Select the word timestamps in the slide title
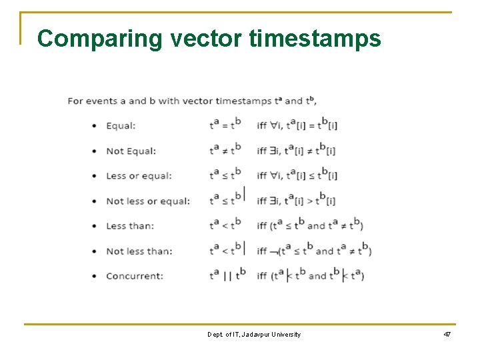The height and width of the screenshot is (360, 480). tap(315, 39)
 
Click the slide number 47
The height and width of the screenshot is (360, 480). tap(447, 334)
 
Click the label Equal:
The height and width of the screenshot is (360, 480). tap(121, 125)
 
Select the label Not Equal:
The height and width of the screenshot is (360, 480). tap(131, 151)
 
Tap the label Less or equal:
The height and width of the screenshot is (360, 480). tap(139, 176)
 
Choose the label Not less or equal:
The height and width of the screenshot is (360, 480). tap(148, 201)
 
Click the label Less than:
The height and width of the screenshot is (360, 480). tap(129, 226)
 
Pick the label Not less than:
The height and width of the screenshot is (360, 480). tap(139, 251)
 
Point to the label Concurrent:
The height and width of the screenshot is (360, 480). tap(134, 276)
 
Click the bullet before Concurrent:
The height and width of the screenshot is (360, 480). tap(93, 276)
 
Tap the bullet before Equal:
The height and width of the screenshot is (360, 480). tap(93, 126)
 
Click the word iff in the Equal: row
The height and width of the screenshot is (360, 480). tap(261, 125)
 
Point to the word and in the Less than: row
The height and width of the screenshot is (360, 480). tap(315, 226)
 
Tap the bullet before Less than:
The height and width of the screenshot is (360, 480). tap(93, 226)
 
